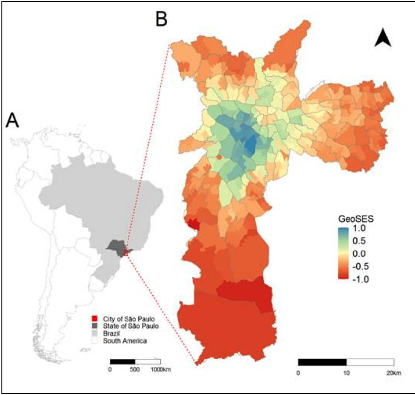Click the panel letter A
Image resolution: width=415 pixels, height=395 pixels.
click(x=12, y=120)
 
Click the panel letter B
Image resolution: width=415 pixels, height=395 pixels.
click(x=162, y=19)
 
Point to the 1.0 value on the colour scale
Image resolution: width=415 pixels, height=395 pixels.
click(x=360, y=230)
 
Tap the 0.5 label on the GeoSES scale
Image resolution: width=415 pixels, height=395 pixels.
click(x=360, y=242)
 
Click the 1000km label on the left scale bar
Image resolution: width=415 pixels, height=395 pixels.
click(x=161, y=369)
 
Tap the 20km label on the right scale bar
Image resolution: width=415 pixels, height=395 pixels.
click(x=394, y=372)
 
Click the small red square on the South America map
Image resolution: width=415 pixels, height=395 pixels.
click(x=126, y=252)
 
